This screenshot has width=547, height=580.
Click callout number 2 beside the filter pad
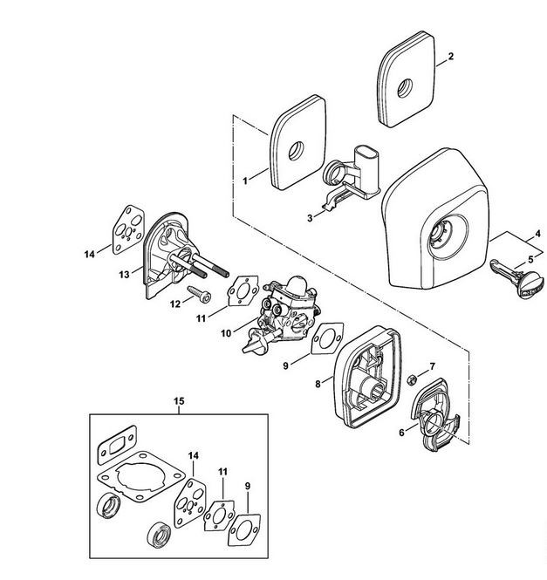click(450, 57)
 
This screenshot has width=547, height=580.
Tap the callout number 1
click(245, 181)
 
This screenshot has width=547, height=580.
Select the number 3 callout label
click(310, 218)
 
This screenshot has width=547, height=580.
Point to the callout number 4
click(537, 234)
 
